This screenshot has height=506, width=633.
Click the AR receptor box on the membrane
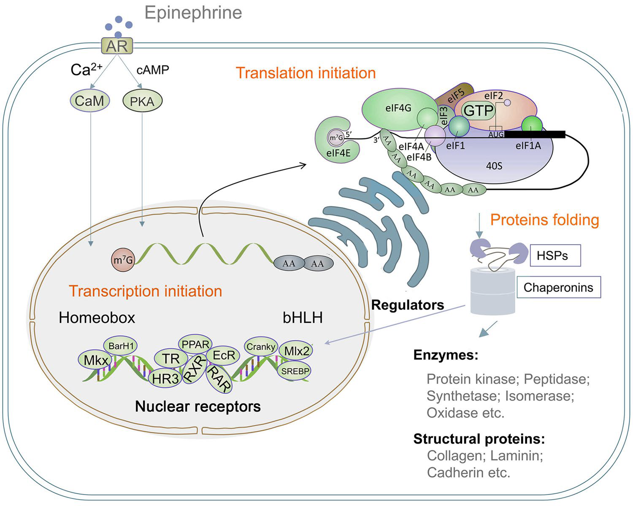[117, 46]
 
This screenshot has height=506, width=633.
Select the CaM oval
[89, 101]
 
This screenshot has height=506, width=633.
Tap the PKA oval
[142, 102]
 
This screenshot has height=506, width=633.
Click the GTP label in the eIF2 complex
[479, 111]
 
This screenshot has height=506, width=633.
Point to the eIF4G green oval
[398, 108]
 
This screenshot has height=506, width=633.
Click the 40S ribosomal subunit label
[494, 166]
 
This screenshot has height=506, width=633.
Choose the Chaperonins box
[558, 288]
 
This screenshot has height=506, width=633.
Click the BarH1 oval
[121, 346]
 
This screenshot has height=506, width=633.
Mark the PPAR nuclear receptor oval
[195, 345]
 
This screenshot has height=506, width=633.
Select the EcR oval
[223, 355]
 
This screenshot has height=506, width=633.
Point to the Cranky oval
[261, 347]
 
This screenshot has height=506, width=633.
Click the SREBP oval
[295, 371]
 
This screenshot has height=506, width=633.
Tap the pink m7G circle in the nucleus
[122, 260]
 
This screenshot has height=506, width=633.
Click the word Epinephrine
[193, 13]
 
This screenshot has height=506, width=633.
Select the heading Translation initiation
[306, 73]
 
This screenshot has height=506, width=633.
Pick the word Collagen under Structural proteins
[448, 456]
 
